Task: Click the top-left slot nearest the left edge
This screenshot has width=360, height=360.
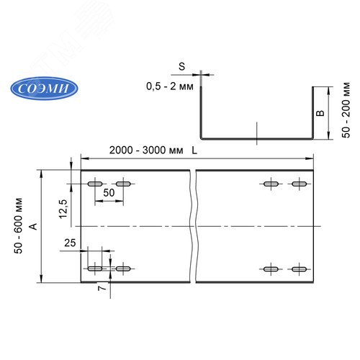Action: point(95,185)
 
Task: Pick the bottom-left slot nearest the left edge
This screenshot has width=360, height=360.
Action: point(95,269)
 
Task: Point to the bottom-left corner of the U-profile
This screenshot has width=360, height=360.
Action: point(202,138)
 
